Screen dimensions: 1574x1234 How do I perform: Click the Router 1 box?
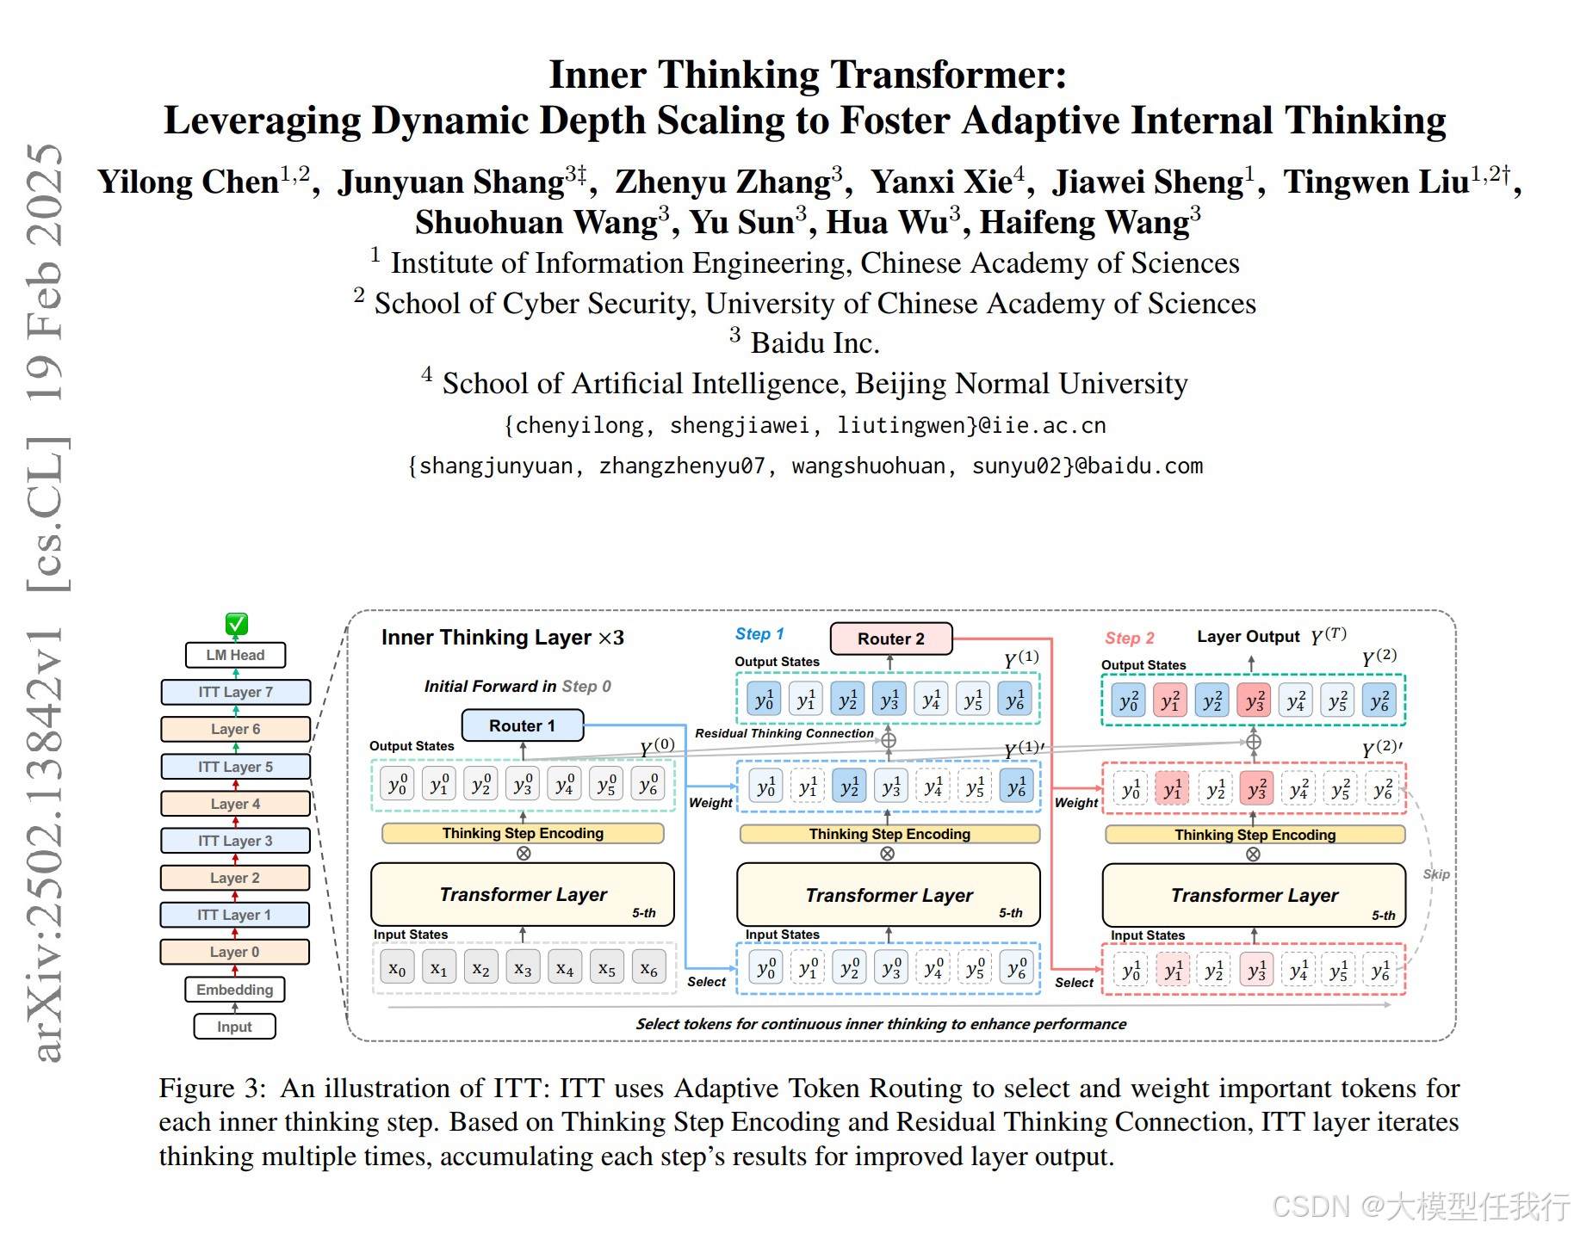coord(522,725)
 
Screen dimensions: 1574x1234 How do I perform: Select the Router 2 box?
coord(890,639)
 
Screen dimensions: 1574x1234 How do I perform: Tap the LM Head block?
coord(235,655)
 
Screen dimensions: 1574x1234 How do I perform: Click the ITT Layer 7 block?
coord(235,692)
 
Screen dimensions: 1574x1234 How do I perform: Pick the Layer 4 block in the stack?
coord(235,804)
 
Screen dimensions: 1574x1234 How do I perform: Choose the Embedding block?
coord(234,990)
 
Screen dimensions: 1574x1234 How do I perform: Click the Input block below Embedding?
coord(234,1027)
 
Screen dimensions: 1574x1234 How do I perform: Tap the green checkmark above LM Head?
coord(236,624)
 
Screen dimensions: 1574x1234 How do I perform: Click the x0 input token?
coord(397,968)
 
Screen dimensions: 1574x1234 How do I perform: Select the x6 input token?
coord(648,968)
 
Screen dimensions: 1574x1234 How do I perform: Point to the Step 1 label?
coord(759,634)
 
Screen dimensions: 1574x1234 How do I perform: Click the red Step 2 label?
coord(1129,638)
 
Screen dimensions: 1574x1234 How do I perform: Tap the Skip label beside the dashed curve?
coord(1435,874)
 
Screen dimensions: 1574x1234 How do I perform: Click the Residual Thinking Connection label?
coord(784,733)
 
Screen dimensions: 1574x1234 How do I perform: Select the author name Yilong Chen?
coord(189,182)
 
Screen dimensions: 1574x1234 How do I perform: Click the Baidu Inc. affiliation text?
coord(814,343)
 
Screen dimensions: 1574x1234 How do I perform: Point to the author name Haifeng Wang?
coord(1084,222)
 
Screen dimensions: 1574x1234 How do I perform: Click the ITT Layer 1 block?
coord(234,915)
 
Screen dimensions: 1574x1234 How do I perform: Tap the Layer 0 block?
coord(234,952)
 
